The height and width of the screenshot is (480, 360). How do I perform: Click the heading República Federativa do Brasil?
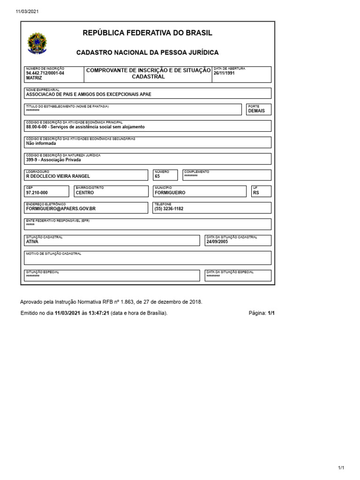(x=147, y=33)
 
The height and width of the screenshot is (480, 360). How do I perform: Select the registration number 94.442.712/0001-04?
(x=45, y=73)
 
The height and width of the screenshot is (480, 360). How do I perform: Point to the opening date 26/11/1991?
(x=224, y=74)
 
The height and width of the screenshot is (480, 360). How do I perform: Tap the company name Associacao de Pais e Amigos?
(x=89, y=94)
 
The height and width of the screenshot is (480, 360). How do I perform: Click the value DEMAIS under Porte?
(x=256, y=111)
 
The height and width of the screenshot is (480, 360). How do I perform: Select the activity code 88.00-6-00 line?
(x=85, y=127)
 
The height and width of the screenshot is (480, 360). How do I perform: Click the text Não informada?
(x=41, y=143)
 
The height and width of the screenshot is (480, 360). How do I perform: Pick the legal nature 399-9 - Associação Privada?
(x=53, y=160)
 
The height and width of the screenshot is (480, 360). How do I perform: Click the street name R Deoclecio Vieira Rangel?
(x=58, y=176)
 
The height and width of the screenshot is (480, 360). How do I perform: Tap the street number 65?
(x=157, y=176)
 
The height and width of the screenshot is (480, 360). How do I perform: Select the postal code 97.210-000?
(x=37, y=193)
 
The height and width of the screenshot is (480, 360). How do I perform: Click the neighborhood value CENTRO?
(x=84, y=193)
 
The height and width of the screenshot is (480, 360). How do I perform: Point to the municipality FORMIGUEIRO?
(x=170, y=193)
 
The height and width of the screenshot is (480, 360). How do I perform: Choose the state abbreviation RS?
(x=256, y=193)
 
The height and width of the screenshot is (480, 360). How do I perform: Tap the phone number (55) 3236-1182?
(x=169, y=209)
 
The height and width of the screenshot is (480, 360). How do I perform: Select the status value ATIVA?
(x=32, y=242)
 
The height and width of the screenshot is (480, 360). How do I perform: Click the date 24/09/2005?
(x=217, y=242)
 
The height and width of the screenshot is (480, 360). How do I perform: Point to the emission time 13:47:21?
(x=99, y=313)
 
